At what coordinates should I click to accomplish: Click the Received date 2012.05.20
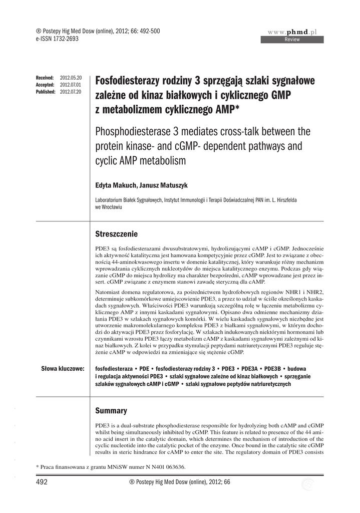70,78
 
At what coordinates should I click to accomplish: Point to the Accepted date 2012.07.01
70,85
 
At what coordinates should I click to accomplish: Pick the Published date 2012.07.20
70,92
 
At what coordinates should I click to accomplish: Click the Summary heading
111,411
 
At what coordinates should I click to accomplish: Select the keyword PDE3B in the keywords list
274,369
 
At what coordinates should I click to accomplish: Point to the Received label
45,78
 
